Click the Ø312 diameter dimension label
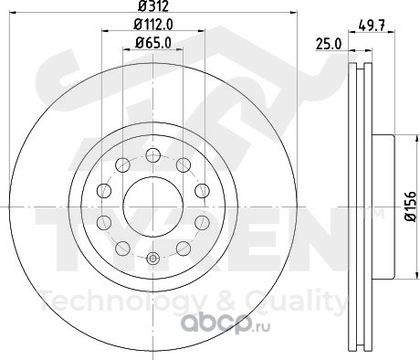[x=153, y=6]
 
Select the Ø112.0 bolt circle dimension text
[x=153, y=24]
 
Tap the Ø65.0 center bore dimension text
[x=153, y=42]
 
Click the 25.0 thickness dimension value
[x=329, y=44]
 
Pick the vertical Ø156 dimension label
[x=411, y=206]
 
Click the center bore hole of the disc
[x=153, y=207]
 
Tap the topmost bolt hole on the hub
[x=153, y=155]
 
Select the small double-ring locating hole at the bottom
[x=153, y=258]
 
